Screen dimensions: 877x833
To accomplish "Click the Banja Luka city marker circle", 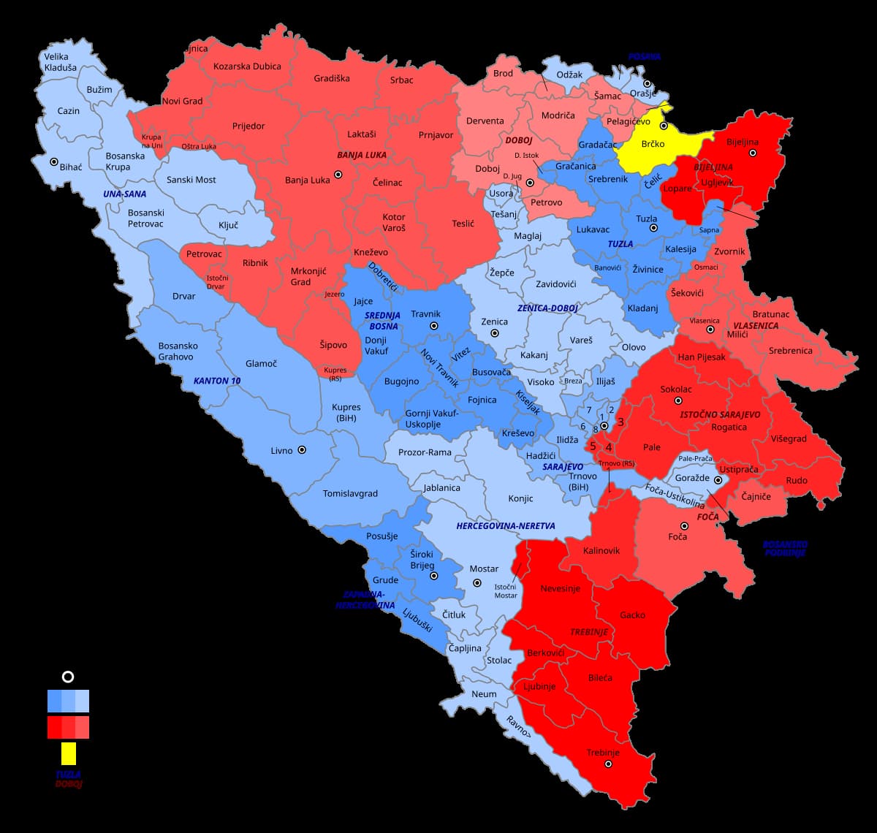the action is pyautogui.click(x=338, y=175).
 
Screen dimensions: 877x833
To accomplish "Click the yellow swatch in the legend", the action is pyautogui.click(x=68, y=753).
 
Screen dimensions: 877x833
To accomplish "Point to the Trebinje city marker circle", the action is pyautogui.click(x=608, y=764).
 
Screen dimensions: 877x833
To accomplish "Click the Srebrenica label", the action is pyautogui.click(x=790, y=351).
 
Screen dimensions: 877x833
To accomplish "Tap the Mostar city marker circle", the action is pyautogui.click(x=477, y=583).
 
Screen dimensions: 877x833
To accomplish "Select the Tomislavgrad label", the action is pyautogui.click(x=350, y=494).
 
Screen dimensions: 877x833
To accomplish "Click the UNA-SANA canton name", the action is pyautogui.click(x=124, y=194).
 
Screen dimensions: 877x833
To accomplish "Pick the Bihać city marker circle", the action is pyautogui.click(x=53, y=162).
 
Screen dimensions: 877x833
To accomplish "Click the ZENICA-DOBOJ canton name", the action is pyautogui.click(x=547, y=308).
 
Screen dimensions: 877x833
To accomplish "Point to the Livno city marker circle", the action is pyautogui.click(x=301, y=450).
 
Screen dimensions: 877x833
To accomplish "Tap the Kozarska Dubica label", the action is pyautogui.click(x=247, y=66).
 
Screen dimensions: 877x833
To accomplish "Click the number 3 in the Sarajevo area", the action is pyautogui.click(x=620, y=422).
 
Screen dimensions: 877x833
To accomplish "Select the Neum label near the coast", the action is pyautogui.click(x=484, y=694).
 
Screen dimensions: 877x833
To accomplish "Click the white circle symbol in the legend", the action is pyautogui.click(x=68, y=677).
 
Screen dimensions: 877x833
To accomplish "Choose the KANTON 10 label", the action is pyautogui.click(x=216, y=381).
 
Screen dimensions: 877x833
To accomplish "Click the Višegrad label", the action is pyautogui.click(x=789, y=439).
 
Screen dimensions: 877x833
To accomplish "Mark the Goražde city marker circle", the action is pyautogui.click(x=718, y=480).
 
